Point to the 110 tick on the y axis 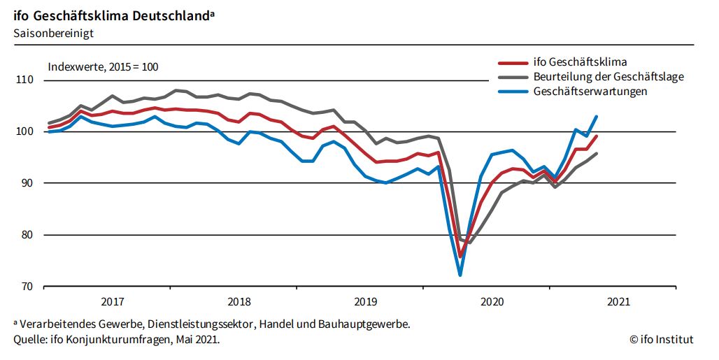pos(25,80)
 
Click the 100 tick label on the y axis pos(25,131)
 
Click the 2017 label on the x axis pos(113,302)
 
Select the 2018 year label pos(239,302)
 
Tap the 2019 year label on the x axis pos(366,302)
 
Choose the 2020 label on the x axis pos(492,302)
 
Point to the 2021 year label pos(619,302)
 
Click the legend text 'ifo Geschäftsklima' pos(580,62)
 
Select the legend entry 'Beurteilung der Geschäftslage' pos(608,76)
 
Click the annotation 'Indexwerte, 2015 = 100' pos(104,67)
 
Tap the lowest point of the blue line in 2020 pos(460,275)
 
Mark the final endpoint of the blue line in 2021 pos(597,117)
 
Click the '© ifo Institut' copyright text pos(661,340)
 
